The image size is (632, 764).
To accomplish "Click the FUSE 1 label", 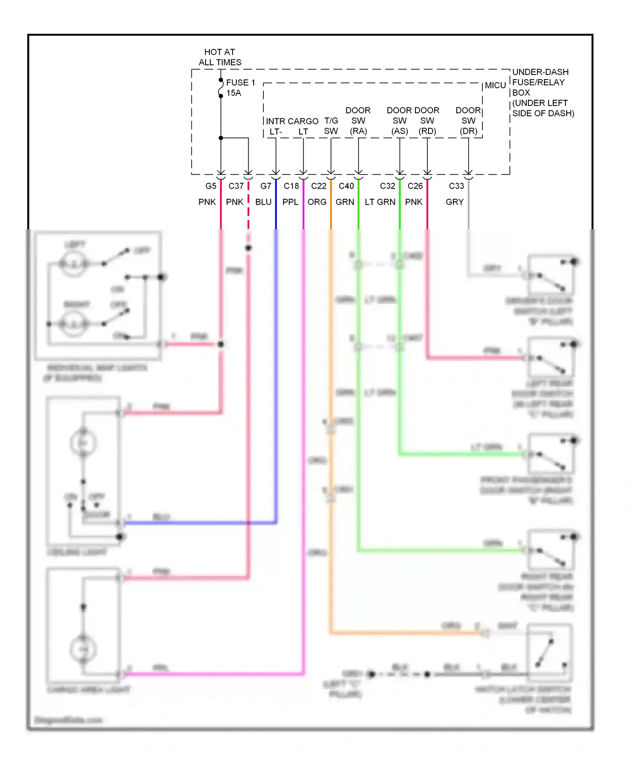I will point(241,83).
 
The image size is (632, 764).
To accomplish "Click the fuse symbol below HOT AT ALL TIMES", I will point(220,88).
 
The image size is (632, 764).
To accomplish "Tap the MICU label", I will point(495,85).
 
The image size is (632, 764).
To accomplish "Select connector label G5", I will point(211,186).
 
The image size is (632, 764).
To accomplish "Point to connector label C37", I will point(236,186).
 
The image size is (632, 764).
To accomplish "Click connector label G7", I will point(266,186).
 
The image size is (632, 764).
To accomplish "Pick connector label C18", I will point(291,186).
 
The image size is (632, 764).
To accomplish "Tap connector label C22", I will point(319,186).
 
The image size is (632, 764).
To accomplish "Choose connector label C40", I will point(346,186).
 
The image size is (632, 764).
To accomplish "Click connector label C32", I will point(388,186).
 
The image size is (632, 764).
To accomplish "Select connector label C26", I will point(415,186).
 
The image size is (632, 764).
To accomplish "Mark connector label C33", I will point(456,186).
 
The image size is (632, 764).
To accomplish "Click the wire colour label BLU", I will point(263,202).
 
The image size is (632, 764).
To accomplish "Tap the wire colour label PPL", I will point(290,202).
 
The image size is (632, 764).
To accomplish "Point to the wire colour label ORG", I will point(317,202).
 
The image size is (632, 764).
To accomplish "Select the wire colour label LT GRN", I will point(380,202).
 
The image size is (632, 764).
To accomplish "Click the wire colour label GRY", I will point(455,202).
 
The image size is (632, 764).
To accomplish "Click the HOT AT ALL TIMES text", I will point(220,57).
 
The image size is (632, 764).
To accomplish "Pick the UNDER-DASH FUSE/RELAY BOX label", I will point(541,83).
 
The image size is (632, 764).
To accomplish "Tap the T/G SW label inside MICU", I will point(331,126).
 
